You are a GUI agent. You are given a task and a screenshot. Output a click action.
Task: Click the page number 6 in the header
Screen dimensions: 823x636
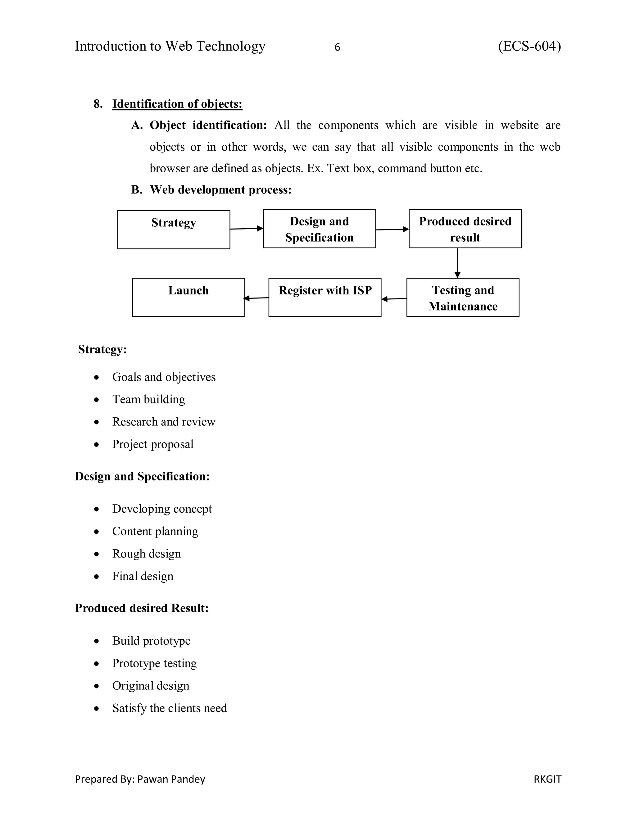337,47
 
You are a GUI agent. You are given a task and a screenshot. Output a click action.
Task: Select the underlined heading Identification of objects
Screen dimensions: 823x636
177,104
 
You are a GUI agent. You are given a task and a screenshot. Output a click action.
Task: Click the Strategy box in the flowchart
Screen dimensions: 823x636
174,230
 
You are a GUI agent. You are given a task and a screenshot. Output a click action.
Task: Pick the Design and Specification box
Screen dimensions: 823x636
319,229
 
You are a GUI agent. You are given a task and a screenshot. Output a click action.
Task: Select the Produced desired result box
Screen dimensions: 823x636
465,229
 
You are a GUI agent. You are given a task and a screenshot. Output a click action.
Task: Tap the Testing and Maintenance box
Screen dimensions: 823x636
463,298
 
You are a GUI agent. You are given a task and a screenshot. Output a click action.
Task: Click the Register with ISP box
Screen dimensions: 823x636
325,298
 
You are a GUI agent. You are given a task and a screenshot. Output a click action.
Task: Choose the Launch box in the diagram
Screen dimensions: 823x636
189,298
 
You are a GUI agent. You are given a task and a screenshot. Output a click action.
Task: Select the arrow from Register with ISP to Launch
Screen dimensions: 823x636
257,298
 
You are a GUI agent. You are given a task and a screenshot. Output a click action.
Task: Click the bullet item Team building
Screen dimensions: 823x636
148,399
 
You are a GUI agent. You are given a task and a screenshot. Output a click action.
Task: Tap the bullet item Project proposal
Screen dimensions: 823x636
152,444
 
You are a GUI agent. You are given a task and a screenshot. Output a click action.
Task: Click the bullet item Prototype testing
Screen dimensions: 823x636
154,663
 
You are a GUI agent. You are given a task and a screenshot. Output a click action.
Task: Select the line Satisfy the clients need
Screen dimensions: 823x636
170,708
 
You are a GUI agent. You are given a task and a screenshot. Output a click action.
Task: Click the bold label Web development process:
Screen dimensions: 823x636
220,189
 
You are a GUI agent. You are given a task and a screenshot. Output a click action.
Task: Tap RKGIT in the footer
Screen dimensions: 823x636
547,779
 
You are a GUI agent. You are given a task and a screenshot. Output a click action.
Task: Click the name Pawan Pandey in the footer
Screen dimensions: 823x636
171,779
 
